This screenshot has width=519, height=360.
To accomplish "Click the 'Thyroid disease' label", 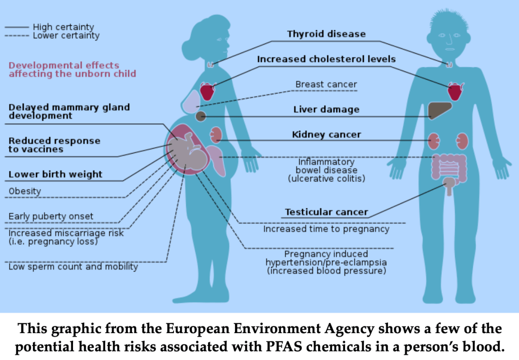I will click(326, 34).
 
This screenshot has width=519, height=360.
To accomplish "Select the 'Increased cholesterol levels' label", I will click(326, 59).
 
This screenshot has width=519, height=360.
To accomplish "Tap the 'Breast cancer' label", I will click(326, 85).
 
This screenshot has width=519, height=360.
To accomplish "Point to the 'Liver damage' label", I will click(326, 110).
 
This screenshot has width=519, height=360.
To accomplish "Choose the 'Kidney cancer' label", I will click(326, 135).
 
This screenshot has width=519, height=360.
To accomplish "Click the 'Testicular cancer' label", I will click(326, 212).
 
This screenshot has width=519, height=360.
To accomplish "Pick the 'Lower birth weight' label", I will click(55, 174).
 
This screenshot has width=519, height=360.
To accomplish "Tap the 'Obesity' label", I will click(25, 192).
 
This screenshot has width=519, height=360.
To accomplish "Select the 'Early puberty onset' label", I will click(51, 217).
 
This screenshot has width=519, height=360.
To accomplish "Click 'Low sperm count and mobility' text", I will click(73, 267).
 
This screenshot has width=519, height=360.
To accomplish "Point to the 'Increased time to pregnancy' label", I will click(326, 229).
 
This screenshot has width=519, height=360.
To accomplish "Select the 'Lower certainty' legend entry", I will click(66, 36).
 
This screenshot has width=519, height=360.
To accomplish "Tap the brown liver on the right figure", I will click(439, 110).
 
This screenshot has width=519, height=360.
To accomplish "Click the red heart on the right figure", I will click(455, 92).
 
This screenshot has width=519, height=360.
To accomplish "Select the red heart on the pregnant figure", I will click(207, 91).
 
